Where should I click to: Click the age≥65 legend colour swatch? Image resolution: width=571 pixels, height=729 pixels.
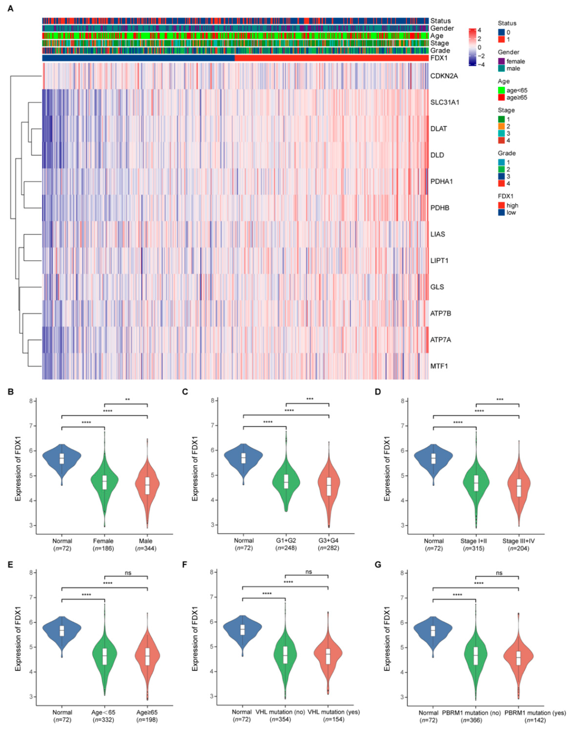(501, 98)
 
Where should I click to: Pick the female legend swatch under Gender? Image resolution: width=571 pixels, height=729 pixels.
(501, 61)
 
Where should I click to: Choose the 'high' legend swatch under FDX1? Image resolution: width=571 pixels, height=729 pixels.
(501, 205)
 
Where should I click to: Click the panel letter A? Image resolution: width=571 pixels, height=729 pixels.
(10, 9)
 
